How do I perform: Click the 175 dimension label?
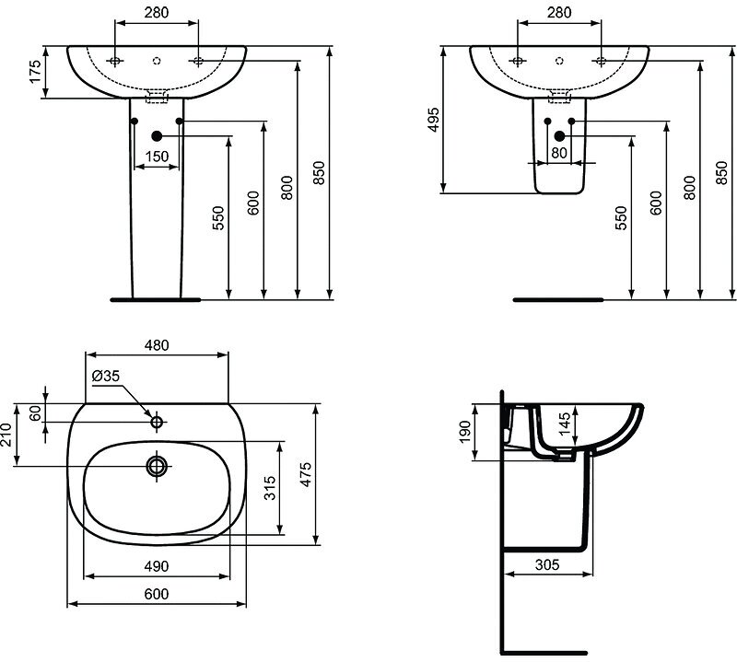(36, 72)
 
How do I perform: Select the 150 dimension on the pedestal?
(157, 157)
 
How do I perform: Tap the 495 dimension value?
(434, 120)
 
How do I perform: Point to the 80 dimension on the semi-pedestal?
(557, 153)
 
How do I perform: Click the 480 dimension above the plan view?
(157, 345)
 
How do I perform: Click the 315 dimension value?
(270, 488)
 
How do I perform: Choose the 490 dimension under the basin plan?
(157, 565)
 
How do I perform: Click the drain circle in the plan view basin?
(157, 467)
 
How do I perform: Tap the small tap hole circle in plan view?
(157, 423)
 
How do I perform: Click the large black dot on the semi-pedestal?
(557, 136)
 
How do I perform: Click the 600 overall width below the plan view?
(157, 594)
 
